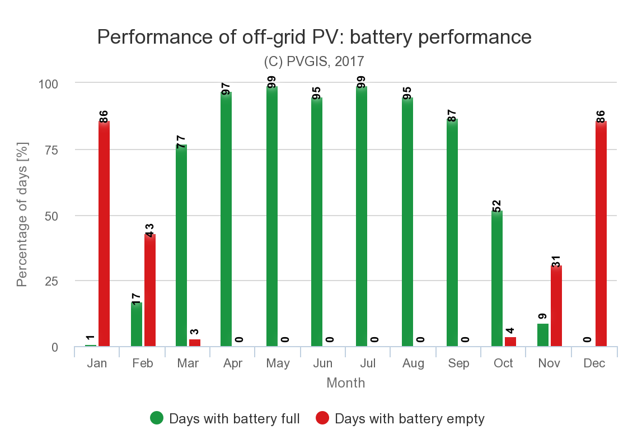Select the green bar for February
point(137,324)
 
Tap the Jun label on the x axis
point(323,363)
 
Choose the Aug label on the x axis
point(413,363)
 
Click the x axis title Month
point(345,383)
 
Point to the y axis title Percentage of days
point(22,214)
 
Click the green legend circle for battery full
point(157,418)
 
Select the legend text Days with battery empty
point(409,418)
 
